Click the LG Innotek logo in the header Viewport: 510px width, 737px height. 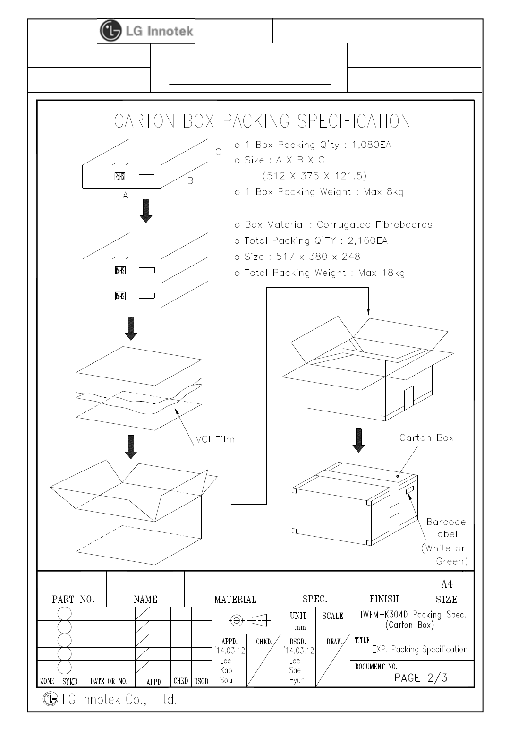click(147, 31)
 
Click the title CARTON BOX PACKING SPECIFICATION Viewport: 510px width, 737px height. click(262, 121)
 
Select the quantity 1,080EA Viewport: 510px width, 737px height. click(372, 145)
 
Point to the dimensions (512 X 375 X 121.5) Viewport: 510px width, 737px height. click(314, 176)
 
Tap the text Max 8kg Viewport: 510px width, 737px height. click(383, 192)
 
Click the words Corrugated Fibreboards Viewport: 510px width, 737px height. click(374, 225)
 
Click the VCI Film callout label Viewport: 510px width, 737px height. click(215, 439)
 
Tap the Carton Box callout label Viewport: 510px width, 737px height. click(426, 438)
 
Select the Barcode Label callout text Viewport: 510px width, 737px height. click(446, 528)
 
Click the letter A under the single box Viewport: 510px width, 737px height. click(126, 195)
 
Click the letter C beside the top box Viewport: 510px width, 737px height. click(218, 152)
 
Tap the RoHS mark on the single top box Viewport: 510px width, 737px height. click(120, 177)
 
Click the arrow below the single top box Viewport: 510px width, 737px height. click(146, 211)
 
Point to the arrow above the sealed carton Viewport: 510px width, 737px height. click(359, 440)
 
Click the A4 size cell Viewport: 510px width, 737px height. click(446, 584)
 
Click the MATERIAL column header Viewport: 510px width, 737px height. click(235, 600)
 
